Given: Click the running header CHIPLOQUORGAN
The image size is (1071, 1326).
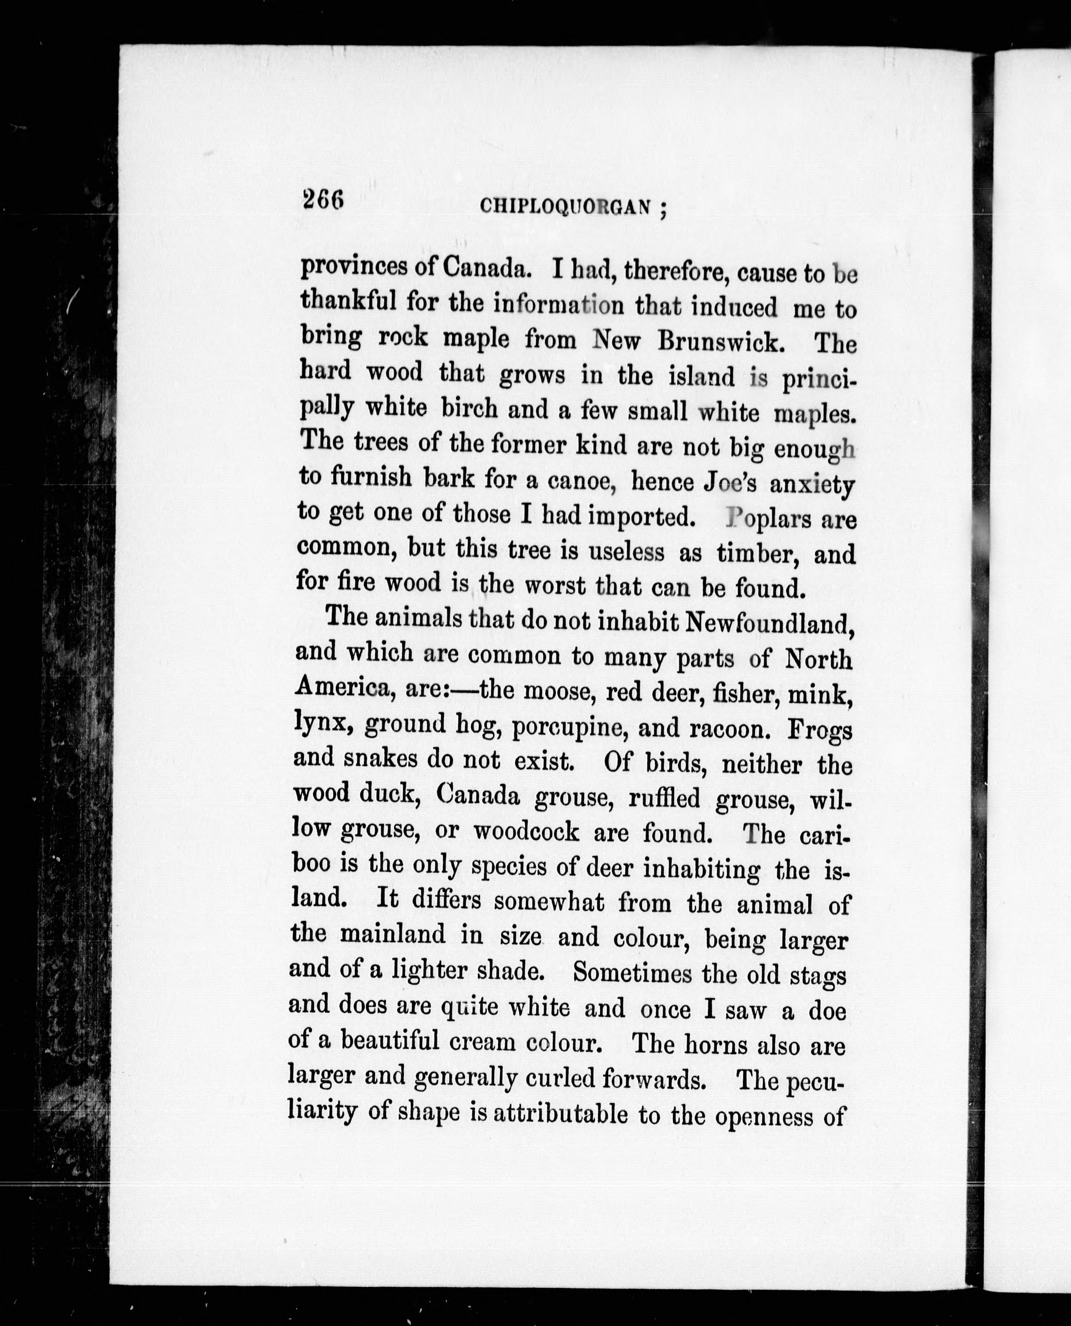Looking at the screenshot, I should coord(566,207).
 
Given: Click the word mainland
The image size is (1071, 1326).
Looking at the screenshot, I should coord(392,934).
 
